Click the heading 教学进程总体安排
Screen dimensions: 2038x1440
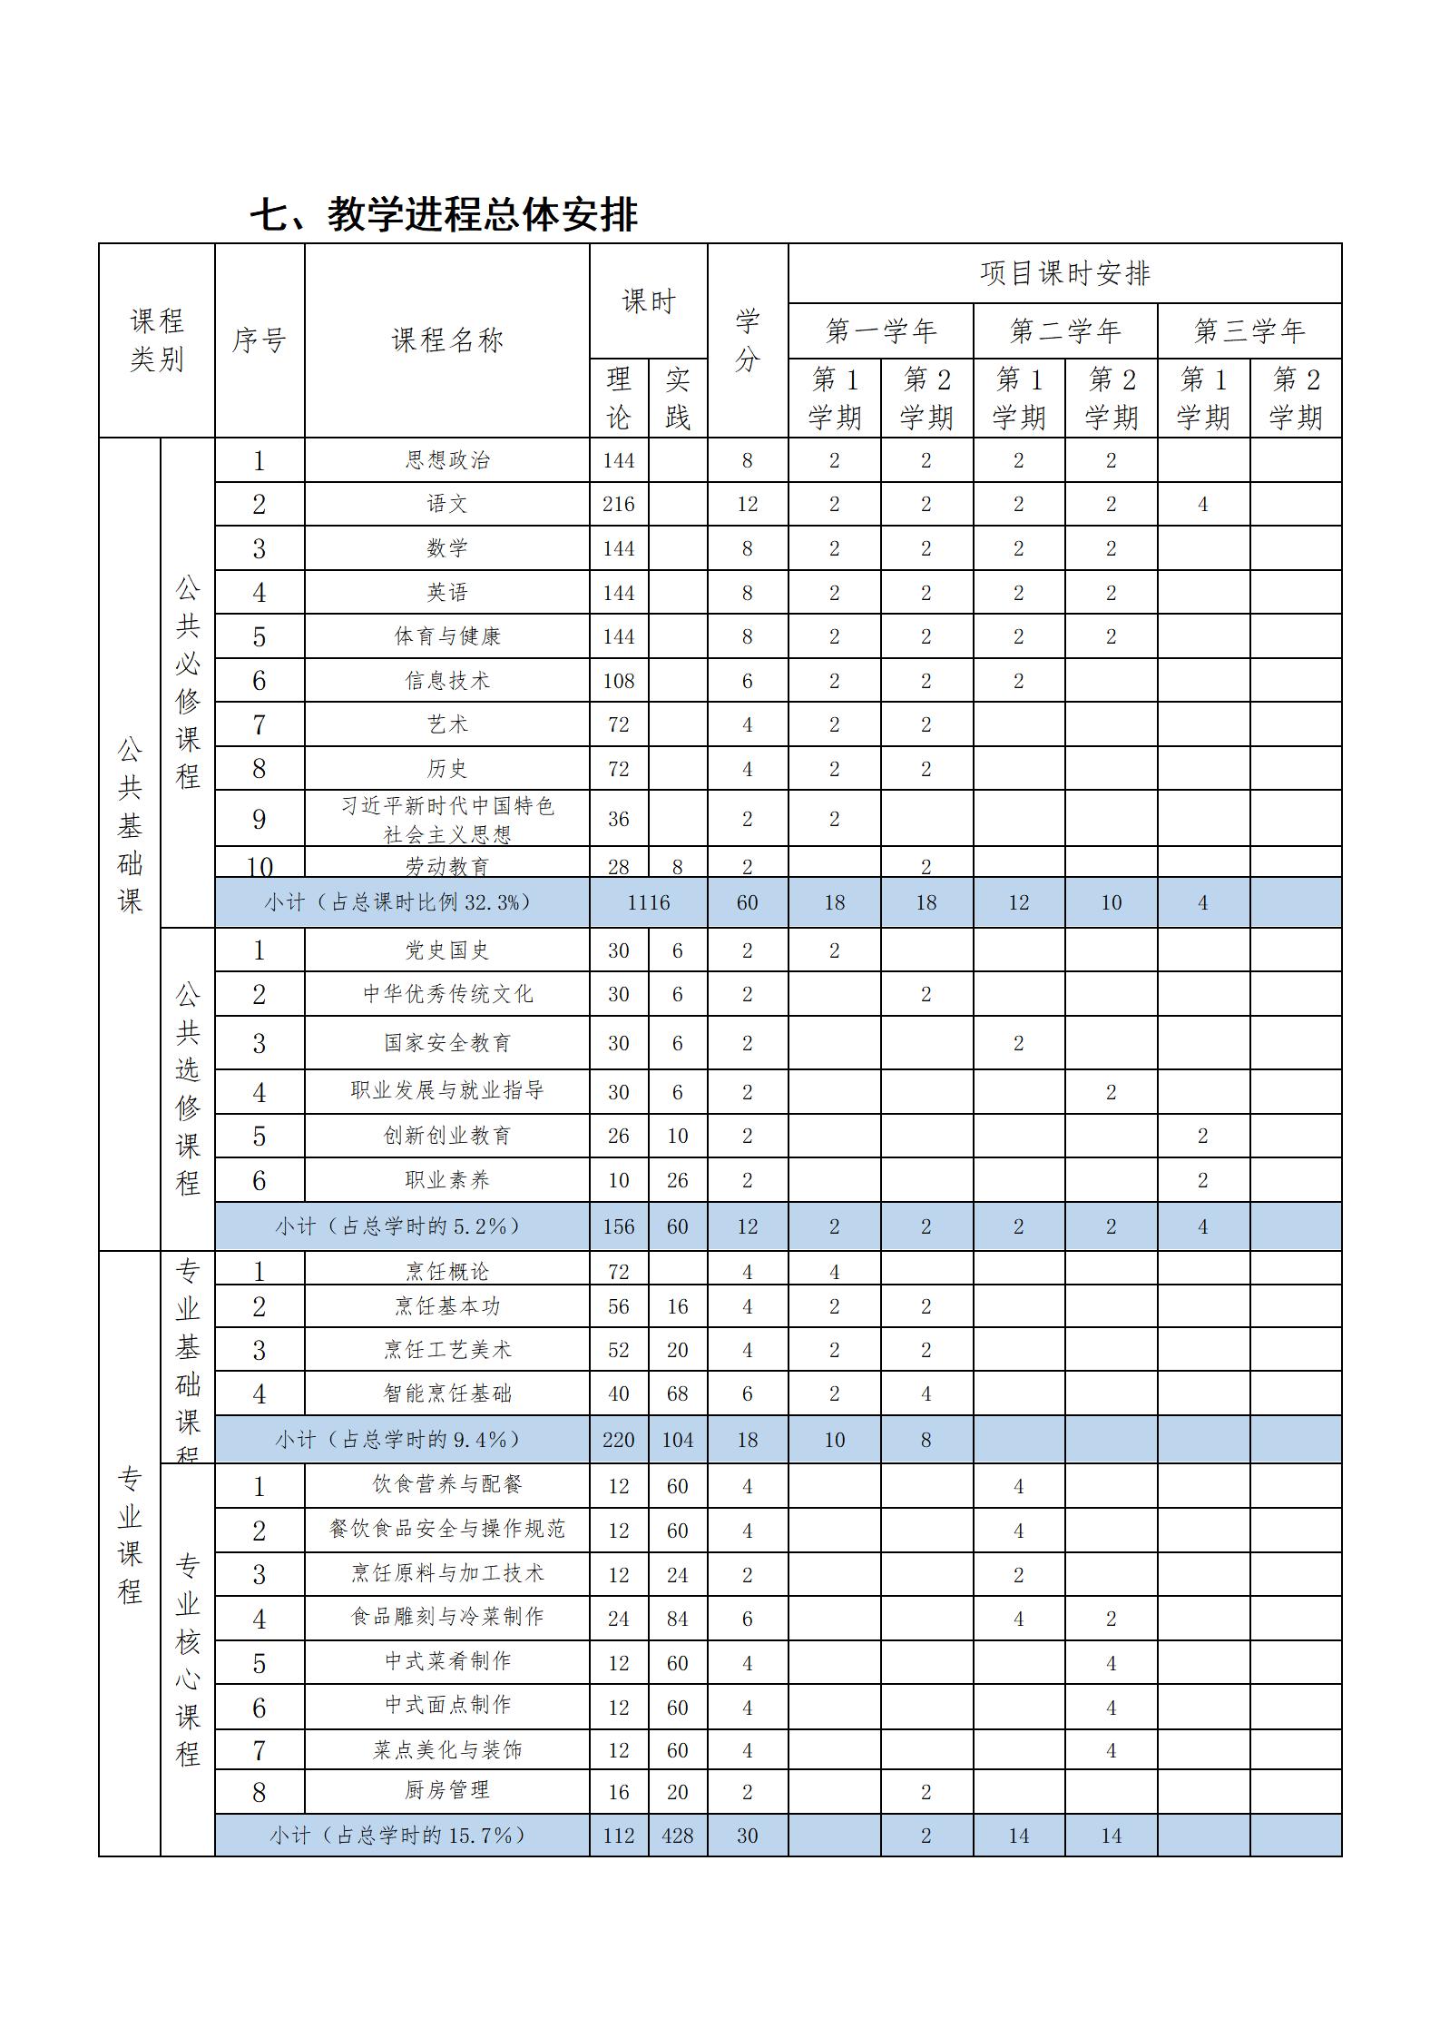(x=444, y=215)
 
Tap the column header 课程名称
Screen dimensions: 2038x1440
(x=446, y=340)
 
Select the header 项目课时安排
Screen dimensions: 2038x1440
(x=1064, y=273)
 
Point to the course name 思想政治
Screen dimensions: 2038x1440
(x=446, y=460)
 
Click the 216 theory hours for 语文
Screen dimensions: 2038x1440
(x=618, y=504)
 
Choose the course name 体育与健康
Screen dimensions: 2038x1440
(x=446, y=636)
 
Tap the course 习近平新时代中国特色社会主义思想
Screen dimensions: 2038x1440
(x=446, y=819)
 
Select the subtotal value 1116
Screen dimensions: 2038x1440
(x=648, y=902)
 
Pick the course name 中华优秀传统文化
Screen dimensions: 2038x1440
(x=446, y=994)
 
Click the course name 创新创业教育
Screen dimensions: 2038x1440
(x=446, y=1136)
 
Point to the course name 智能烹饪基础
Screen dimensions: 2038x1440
(x=446, y=1393)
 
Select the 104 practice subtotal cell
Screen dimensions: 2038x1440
(x=677, y=1440)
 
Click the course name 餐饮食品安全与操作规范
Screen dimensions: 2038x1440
(x=446, y=1530)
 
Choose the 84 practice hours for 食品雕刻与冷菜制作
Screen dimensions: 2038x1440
(x=677, y=1619)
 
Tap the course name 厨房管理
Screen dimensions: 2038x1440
(x=446, y=1791)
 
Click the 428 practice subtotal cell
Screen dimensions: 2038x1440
(x=677, y=1836)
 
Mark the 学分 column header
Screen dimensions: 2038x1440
(x=747, y=340)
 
